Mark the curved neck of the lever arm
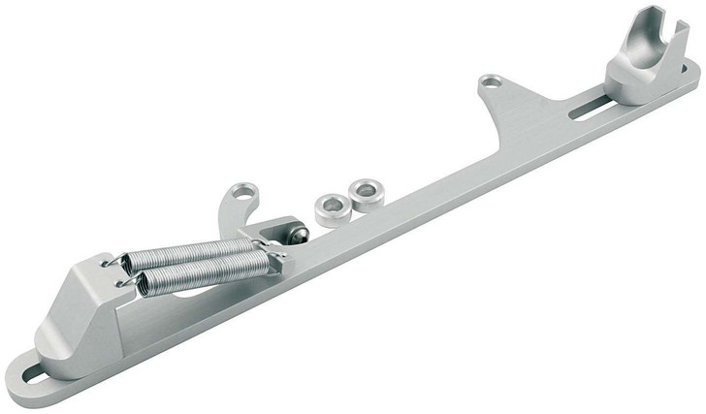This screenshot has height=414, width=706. click(226, 215)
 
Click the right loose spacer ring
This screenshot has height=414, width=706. click(366, 191)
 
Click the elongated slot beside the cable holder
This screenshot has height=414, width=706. click(585, 104)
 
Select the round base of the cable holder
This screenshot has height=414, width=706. click(635, 87)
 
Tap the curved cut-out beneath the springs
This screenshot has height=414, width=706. click(184, 301)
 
